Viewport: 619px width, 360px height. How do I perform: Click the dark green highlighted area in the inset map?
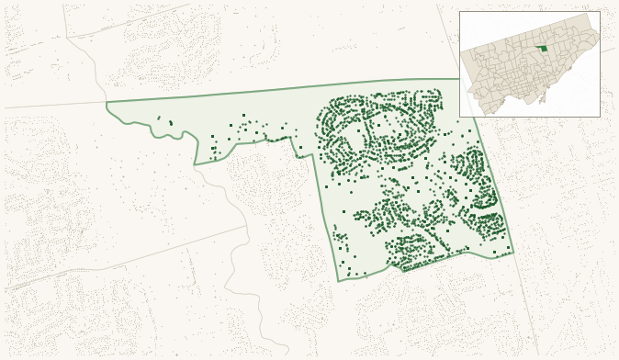pyautogui.click(x=542, y=48)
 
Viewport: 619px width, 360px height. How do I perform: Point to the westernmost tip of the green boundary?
pyautogui.click(x=107, y=104)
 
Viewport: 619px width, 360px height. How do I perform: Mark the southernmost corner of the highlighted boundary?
pyautogui.click(x=339, y=281)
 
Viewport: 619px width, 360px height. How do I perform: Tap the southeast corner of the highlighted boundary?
pyautogui.click(x=513, y=251)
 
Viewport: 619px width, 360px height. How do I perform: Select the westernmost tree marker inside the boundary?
pyautogui.click(x=159, y=118)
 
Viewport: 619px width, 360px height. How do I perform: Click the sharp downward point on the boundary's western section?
pyautogui.click(x=195, y=164)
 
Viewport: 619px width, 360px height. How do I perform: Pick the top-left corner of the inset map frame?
pyautogui.click(x=459, y=11)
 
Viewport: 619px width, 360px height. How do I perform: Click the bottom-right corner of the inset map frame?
pyautogui.click(x=600, y=117)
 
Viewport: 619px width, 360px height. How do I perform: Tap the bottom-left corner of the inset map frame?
pyautogui.click(x=459, y=117)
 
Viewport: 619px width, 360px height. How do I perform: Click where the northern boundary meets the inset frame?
pyautogui.click(x=459, y=79)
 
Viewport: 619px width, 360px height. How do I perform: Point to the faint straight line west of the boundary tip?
pyautogui.click(x=55, y=107)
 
